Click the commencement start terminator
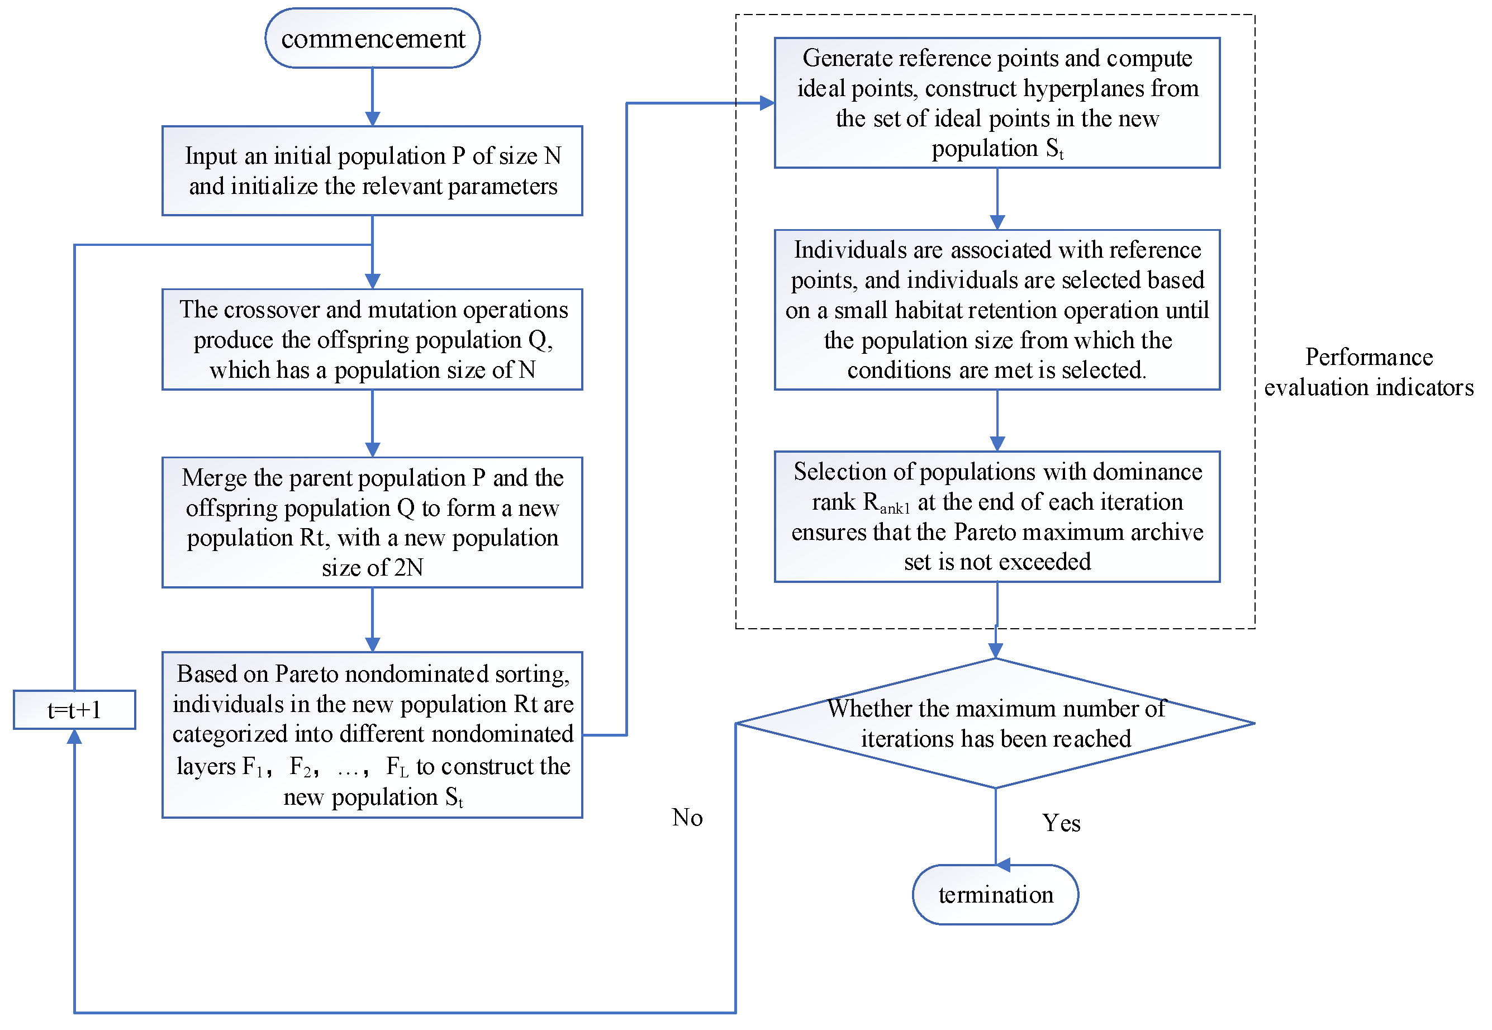[x=372, y=39]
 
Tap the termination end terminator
[x=995, y=894]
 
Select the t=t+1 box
[x=74, y=710]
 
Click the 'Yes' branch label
[x=1061, y=823]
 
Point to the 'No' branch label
[x=687, y=818]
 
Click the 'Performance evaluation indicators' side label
[x=1368, y=372]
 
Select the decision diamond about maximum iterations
[x=995, y=723]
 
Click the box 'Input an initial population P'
[x=372, y=171]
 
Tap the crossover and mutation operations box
[x=372, y=339]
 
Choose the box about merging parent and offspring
[x=372, y=522]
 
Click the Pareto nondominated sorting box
[x=372, y=734]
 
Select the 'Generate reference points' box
[x=997, y=103]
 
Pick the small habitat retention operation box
[x=997, y=310]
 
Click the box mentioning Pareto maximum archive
[x=997, y=516]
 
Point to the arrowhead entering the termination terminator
[x=1002, y=865]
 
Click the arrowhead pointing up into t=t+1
[x=74, y=737]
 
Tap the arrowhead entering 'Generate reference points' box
[x=767, y=103]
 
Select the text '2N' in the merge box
[x=408, y=568]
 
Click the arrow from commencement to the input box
[x=372, y=97]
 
